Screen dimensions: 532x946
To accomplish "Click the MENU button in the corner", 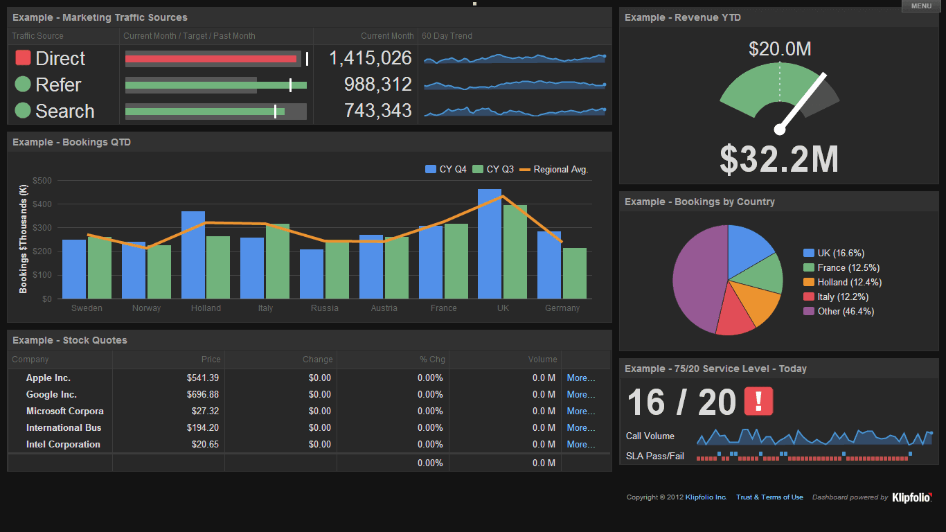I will click(x=920, y=6).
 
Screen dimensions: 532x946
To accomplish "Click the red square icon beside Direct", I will click(x=23, y=58).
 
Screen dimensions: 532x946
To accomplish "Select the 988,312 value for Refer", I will click(x=377, y=85).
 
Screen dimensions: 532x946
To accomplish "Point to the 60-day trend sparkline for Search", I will click(x=515, y=111).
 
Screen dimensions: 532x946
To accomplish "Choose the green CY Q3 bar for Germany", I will click(x=575, y=273).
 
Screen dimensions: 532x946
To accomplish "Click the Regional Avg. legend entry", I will click(x=554, y=170).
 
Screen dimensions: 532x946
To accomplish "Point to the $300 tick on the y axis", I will click(x=42, y=227).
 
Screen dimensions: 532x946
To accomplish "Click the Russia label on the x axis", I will click(x=324, y=308).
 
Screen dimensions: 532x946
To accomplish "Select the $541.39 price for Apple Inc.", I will click(x=202, y=378).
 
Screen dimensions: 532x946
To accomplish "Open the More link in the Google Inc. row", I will click(x=580, y=395).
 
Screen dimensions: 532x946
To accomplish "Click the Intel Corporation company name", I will click(x=63, y=445).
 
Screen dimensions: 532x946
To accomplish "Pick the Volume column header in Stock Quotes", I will click(x=542, y=360).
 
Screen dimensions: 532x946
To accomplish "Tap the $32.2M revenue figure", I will click(x=779, y=159).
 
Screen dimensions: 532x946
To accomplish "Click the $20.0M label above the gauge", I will click(x=780, y=49).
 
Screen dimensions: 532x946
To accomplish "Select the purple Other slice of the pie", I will click(x=696, y=277).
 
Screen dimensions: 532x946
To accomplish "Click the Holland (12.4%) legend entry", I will click(x=842, y=283).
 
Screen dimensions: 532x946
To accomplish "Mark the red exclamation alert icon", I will click(x=758, y=402).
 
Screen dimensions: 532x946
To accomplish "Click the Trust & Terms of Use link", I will click(x=769, y=497).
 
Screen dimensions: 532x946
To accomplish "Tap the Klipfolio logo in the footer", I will click(x=911, y=497).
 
